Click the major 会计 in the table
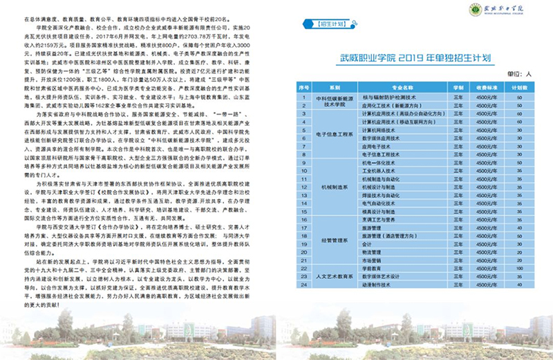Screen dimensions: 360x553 tap(366, 242)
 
